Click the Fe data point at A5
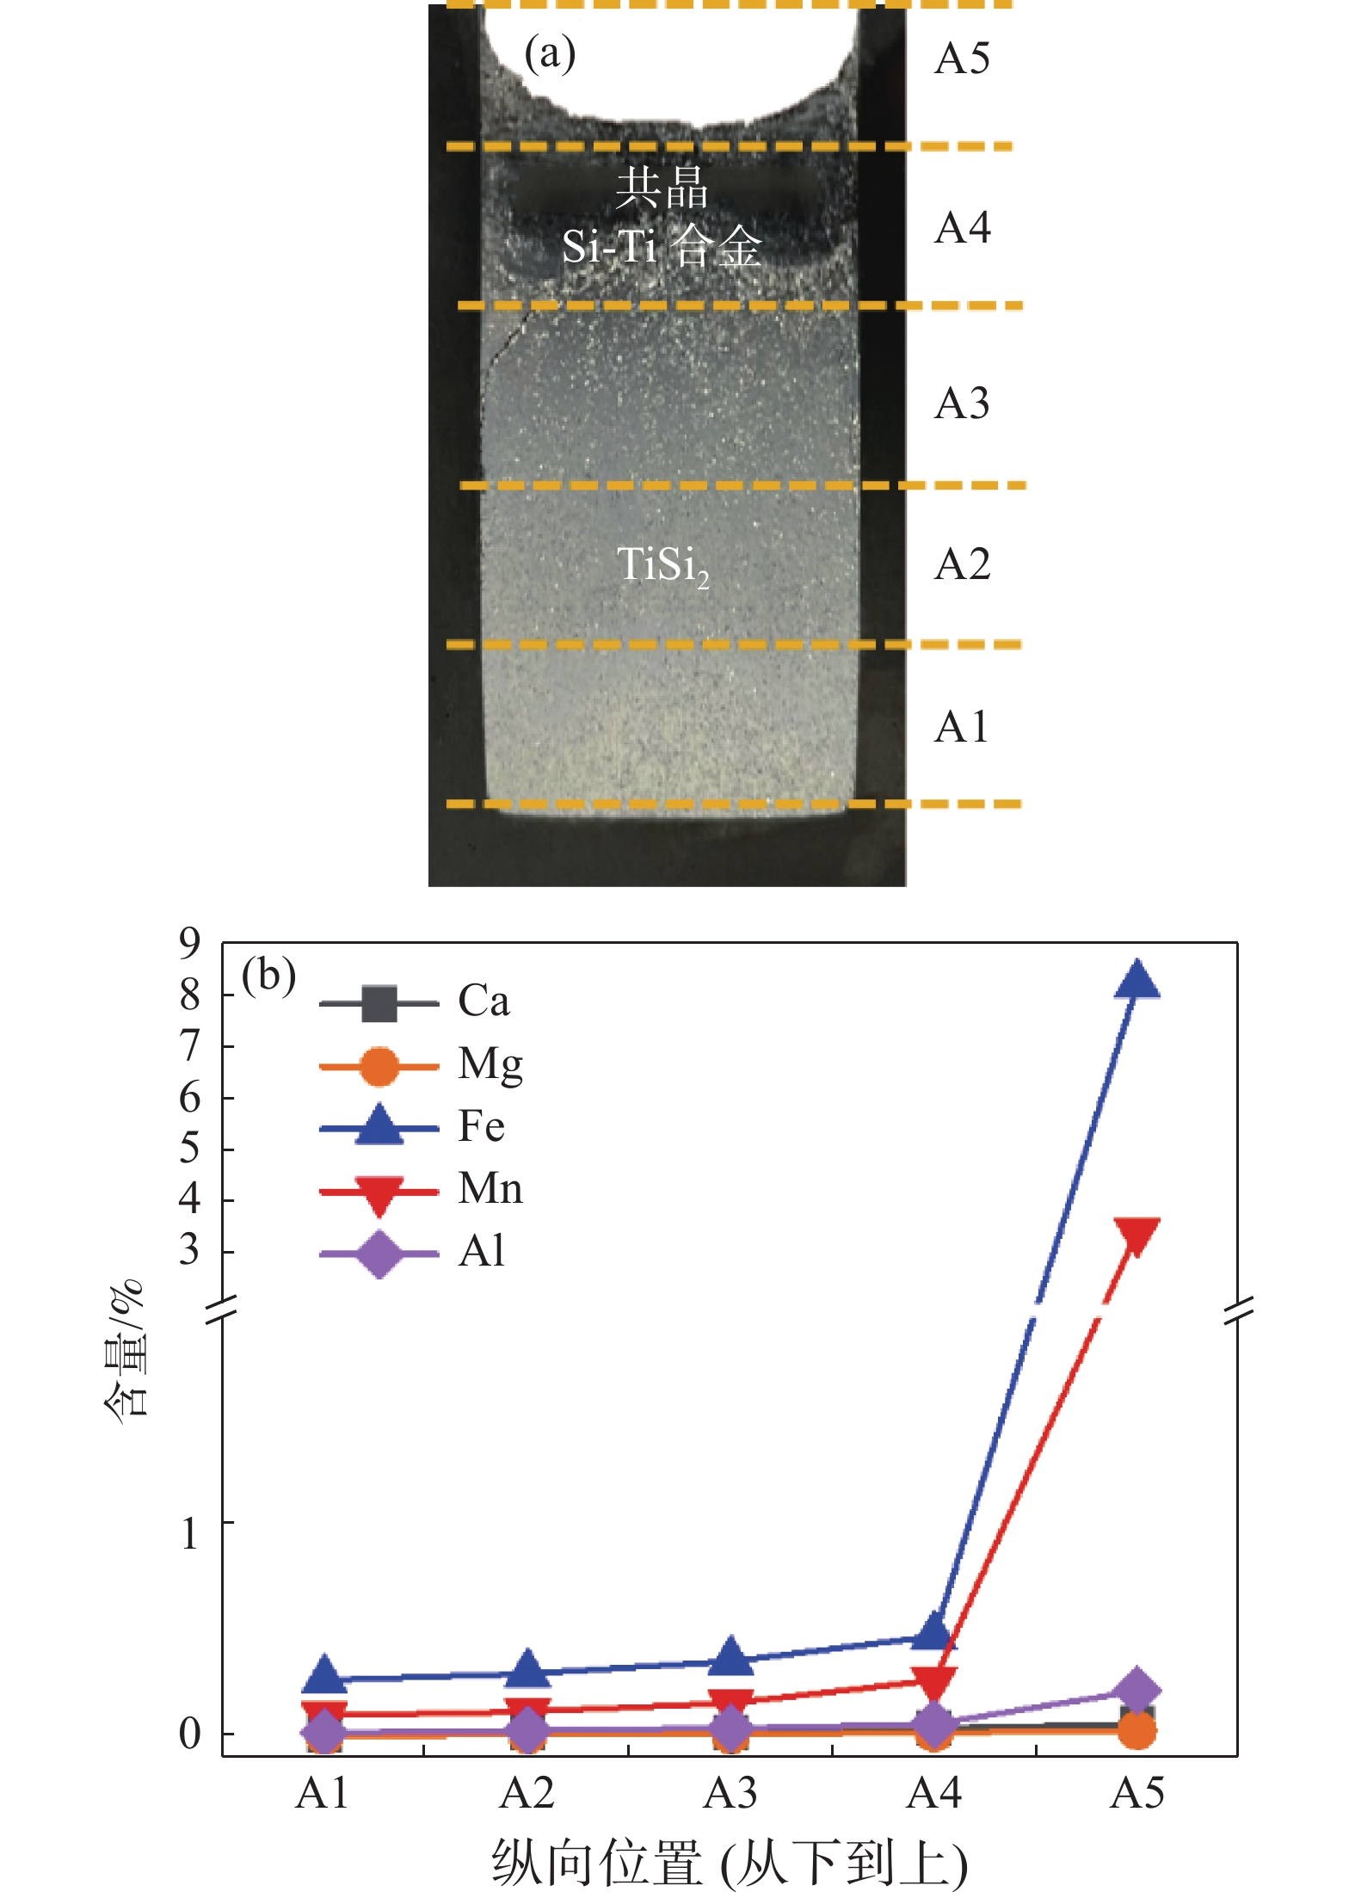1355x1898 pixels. pyautogui.click(x=1136, y=980)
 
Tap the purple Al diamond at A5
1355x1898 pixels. pyautogui.click(x=1136, y=1689)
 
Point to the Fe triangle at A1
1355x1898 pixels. pyautogui.click(x=324, y=1673)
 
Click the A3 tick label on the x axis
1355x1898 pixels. pyautogui.click(x=730, y=1793)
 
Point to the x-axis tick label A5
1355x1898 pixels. pyautogui.click(x=1137, y=1793)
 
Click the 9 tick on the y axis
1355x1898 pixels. pyautogui.click(x=189, y=943)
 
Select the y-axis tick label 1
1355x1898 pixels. pyautogui.click(x=189, y=1533)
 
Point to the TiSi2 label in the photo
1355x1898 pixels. pyautogui.click(x=663, y=566)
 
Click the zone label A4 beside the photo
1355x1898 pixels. pyautogui.click(x=963, y=228)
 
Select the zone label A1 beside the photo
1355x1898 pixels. pyautogui.click(x=962, y=727)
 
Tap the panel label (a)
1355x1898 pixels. pyautogui.click(x=550, y=54)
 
